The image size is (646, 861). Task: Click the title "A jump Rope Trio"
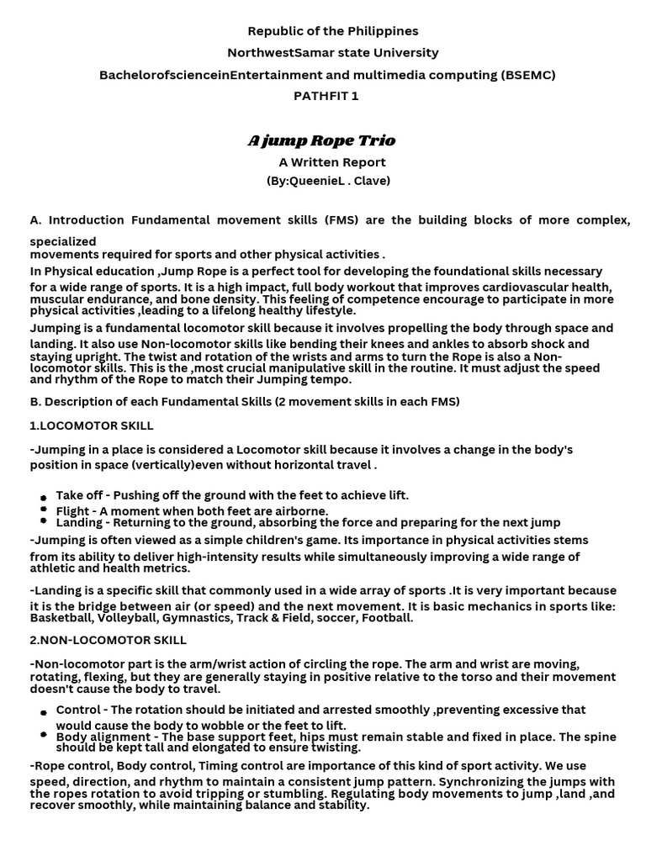pos(321,140)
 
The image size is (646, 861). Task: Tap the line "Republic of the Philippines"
pos(332,31)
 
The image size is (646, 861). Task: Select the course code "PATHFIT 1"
pos(326,96)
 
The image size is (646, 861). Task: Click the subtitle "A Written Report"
pos(332,162)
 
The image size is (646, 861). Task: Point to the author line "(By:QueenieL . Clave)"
pos(328,181)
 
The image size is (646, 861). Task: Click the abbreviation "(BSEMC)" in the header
pos(527,75)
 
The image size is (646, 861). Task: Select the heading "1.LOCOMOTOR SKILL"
pos(92,426)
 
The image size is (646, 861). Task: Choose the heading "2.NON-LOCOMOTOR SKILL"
pos(107,641)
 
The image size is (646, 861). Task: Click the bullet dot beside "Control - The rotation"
pos(43,713)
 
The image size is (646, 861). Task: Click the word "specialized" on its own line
pos(63,242)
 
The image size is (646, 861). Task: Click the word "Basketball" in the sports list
pos(61,618)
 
